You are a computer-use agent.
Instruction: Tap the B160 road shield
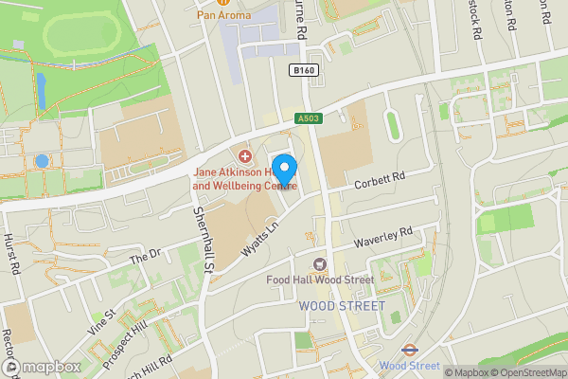(x=303, y=71)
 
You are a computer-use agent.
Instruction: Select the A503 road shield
(x=308, y=117)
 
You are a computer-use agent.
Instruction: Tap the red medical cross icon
(x=244, y=155)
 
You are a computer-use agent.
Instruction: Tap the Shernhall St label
(x=202, y=237)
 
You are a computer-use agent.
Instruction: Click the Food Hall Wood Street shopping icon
(x=320, y=263)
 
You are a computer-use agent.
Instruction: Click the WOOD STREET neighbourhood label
(x=342, y=306)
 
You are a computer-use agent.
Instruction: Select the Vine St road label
(x=103, y=313)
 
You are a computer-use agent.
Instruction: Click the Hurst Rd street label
(x=12, y=254)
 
